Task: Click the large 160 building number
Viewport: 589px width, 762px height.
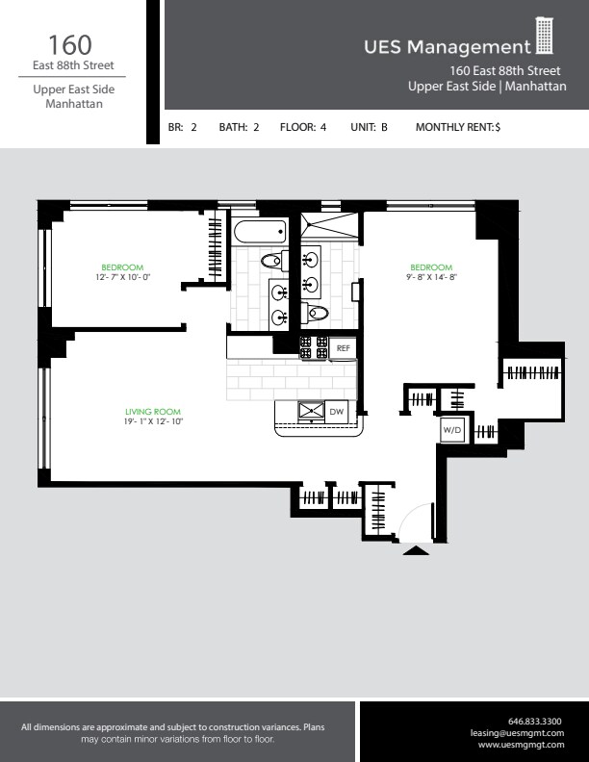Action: point(71,44)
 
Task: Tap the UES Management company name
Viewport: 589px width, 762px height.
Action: point(447,47)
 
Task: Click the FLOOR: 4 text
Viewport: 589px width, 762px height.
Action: point(303,127)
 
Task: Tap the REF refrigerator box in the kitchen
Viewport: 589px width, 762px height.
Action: point(344,348)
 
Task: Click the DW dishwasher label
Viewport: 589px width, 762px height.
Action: point(336,412)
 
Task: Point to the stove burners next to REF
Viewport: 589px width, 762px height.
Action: point(314,347)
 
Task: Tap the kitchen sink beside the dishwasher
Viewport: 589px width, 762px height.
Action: point(311,412)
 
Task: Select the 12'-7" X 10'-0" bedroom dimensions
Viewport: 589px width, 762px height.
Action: point(123,277)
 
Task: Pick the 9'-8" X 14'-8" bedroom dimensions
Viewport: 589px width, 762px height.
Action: point(430,277)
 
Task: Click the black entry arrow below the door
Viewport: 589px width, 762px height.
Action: point(416,550)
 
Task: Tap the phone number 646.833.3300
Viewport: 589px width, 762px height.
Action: point(534,721)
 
